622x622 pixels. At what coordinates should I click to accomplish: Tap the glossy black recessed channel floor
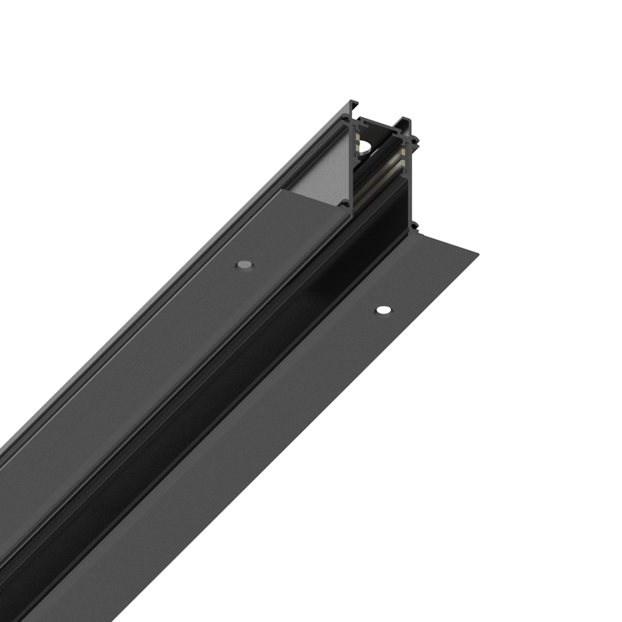290,322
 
